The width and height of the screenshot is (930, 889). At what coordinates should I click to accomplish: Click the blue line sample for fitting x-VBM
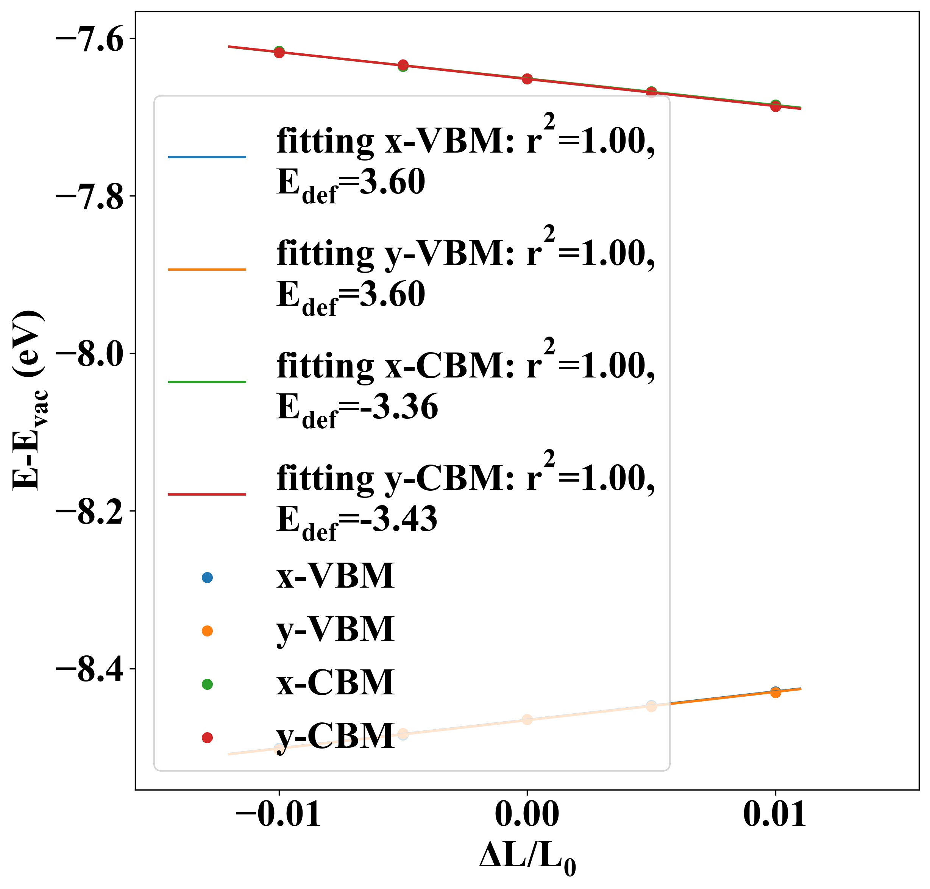207,157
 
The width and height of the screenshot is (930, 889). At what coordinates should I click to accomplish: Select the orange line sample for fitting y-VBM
207,270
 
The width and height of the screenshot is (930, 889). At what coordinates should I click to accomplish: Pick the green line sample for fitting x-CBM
207,382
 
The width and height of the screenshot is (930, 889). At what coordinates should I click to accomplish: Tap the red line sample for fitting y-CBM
207,494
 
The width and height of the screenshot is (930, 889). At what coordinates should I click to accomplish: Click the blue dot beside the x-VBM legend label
207,578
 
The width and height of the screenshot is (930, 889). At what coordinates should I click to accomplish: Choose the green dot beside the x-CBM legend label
207,684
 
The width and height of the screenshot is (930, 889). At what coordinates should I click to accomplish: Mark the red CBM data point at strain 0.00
527,79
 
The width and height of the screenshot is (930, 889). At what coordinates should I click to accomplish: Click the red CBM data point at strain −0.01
279,53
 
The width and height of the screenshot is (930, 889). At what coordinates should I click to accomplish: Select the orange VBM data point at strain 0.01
776,693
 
